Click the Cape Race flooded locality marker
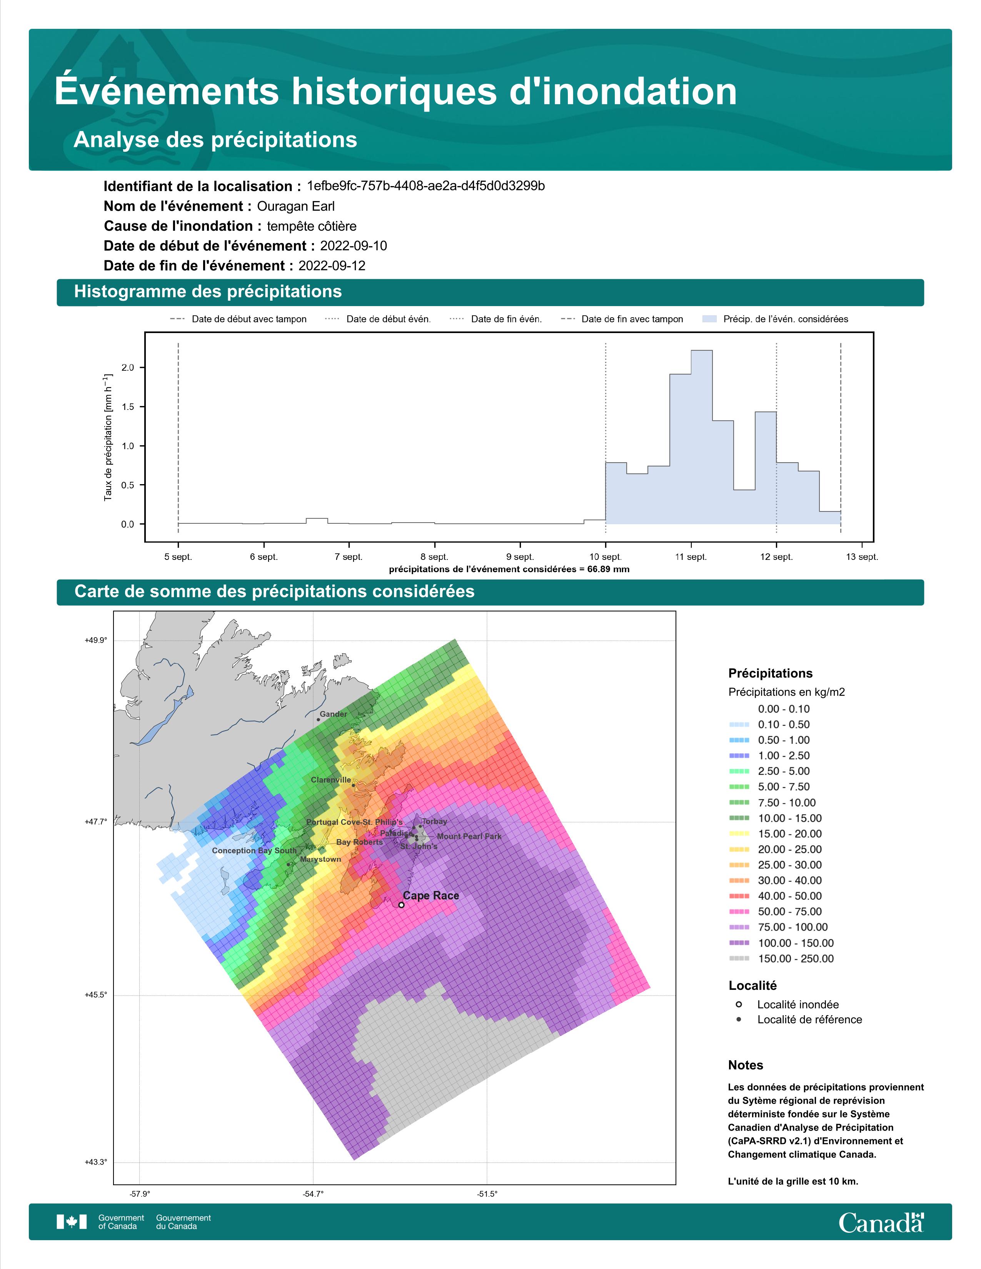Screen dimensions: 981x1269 tap(401, 905)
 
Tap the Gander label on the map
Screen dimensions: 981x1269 tap(334, 714)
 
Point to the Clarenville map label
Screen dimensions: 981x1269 tap(331, 780)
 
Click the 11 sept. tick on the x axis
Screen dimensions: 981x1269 tap(691, 557)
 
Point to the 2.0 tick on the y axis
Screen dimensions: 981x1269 tap(127, 367)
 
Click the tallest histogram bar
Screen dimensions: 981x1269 tap(701, 437)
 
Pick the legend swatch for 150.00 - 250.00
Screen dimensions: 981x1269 tap(739, 959)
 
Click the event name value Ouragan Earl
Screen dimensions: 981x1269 tap(296, 206)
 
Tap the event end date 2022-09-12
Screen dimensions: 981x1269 tap(332, 266)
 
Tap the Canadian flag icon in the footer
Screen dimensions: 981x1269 tap(72, 1222)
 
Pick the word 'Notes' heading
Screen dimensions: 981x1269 tap(746, 1065)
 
